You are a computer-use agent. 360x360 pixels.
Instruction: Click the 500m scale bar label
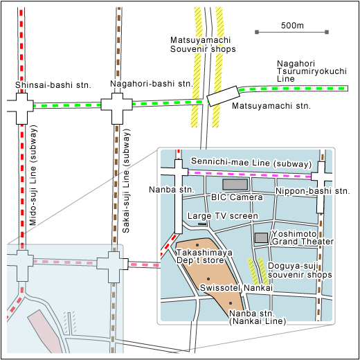coord(292,26)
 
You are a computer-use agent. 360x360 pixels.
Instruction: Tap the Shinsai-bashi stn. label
coord(53,85)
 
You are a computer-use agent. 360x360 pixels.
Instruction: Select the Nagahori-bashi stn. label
coord(152,84)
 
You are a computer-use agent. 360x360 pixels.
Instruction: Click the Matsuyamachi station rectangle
coord(223,96)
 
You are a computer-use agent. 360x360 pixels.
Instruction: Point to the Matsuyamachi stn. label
coord(271,106)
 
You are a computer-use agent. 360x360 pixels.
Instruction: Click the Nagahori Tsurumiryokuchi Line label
coord(312,71)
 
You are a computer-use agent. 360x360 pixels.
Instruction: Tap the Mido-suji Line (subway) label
coord(33,175)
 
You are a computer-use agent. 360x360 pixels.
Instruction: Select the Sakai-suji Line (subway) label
coord(126,181)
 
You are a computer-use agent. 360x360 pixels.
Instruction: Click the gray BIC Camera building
coord(235,184)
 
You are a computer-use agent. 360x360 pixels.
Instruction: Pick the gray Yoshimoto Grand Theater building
coord(261,237)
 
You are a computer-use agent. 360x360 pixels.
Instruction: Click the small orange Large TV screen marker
coord(202,224)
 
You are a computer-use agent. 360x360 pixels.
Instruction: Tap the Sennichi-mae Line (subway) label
coord(251,162)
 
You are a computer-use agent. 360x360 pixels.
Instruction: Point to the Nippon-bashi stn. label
coord(313,191)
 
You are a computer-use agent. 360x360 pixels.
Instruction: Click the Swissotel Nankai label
coord(236,288)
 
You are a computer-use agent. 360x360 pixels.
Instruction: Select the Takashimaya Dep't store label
coord(204,256)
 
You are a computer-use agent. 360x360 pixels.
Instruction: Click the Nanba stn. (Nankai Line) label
coord(258,317)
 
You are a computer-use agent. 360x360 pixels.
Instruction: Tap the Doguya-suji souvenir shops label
coord(300,270)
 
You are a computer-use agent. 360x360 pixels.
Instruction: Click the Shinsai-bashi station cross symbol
coord(22,109)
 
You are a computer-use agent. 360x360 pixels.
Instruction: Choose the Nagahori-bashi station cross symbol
coord(117,109)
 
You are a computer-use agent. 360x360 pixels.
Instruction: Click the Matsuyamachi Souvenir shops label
coord(203,44)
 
